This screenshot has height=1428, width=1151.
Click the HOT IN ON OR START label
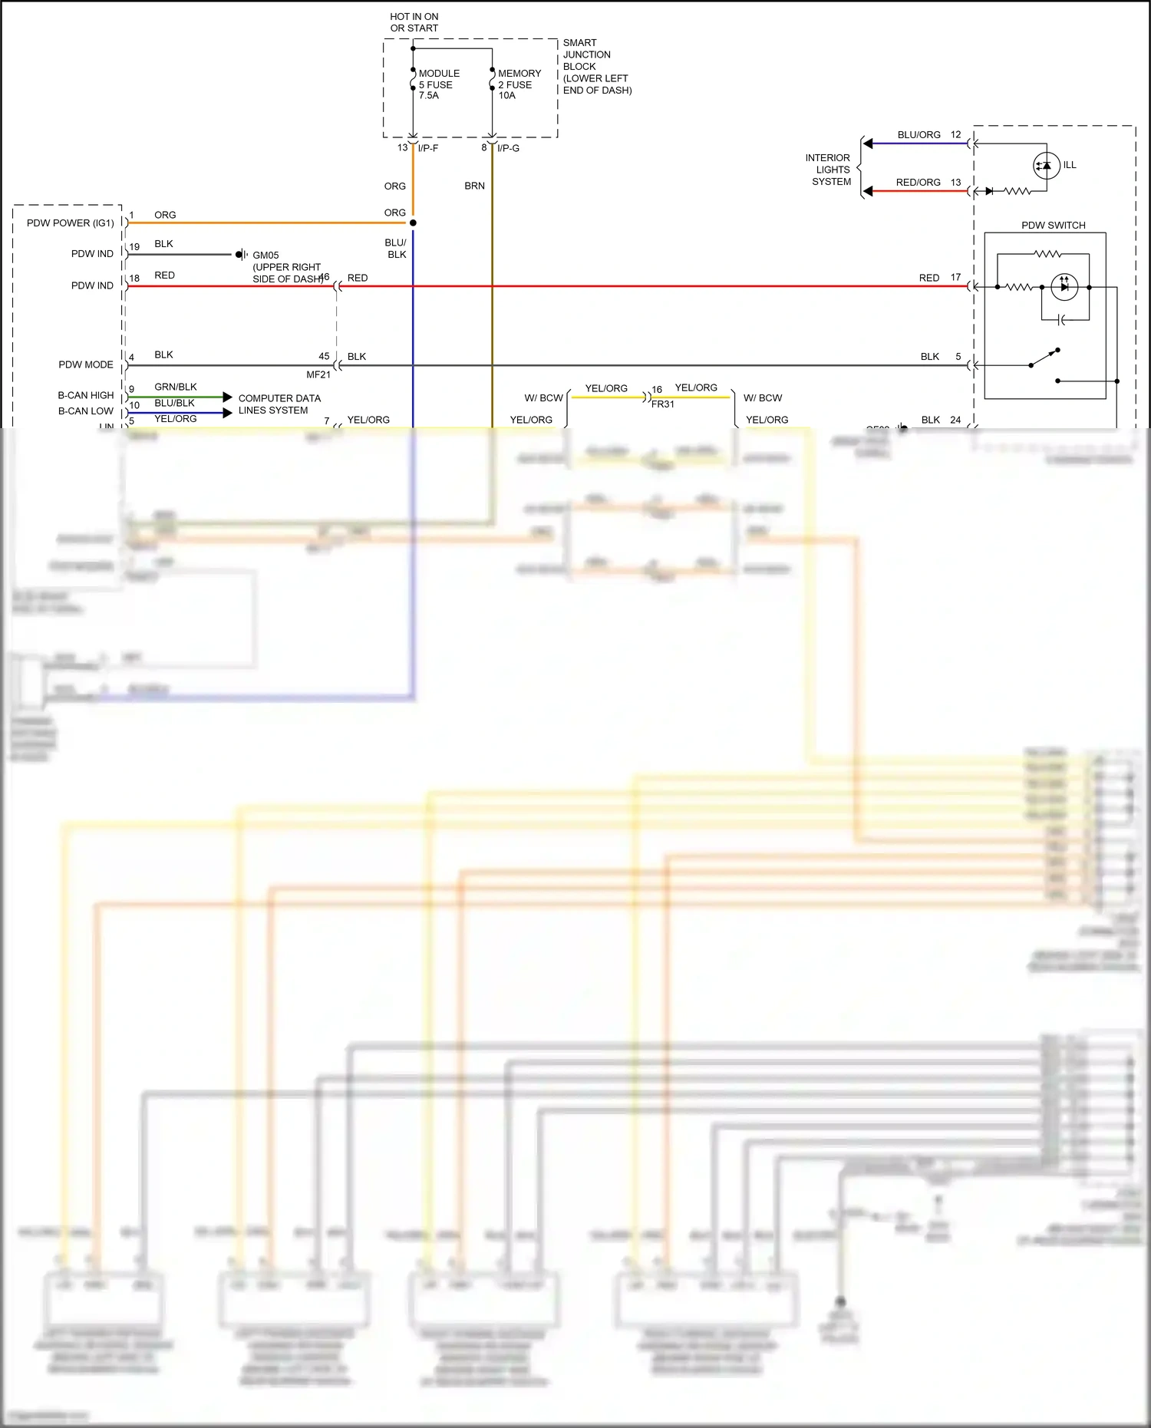pyautogui.click(x=414, y=22)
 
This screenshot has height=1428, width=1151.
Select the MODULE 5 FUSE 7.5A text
pyautogui.click(x=438, y=84)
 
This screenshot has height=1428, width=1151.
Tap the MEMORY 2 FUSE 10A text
pyautogui.click(x=519, y=84)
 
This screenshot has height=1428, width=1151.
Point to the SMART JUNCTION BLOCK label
pyautogui.click(x=596, y=66)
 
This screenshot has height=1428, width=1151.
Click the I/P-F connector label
pyautogui.click(x=428, y=148)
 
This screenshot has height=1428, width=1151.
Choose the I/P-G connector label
pyautogui.click(x=508, y=148)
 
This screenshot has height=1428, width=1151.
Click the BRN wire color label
pyautogui.click(x=474, y=186)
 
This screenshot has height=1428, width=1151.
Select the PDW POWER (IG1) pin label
pyautogui.click(x=70, y=223)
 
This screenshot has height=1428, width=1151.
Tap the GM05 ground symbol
pyautogui.click(x=240, y=254)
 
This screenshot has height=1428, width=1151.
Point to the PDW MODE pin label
pyautogui.click(x=85, y=364)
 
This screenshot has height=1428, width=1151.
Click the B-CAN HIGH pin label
pyautogui.click(x=85, y=395)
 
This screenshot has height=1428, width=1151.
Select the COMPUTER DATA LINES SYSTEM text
pyautogui.click(x=279, y=404)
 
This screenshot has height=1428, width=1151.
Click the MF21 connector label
pyautogui.click(x=318, y=374)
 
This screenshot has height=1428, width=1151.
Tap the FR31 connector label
pyautogui.click(x=663, y=404)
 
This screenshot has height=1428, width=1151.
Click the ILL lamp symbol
pyautogui.click(x=1047, y=166)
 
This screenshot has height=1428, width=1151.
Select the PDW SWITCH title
pyautogui.click(x=1053, y=226)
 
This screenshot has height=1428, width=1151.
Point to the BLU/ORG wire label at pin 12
pyautogui.click(x=918, y=135)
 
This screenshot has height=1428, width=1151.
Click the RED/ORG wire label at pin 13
pyautogui.click(x=918, y=183)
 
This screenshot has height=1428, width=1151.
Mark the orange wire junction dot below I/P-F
pyautogui.click(x=413, y=223)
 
